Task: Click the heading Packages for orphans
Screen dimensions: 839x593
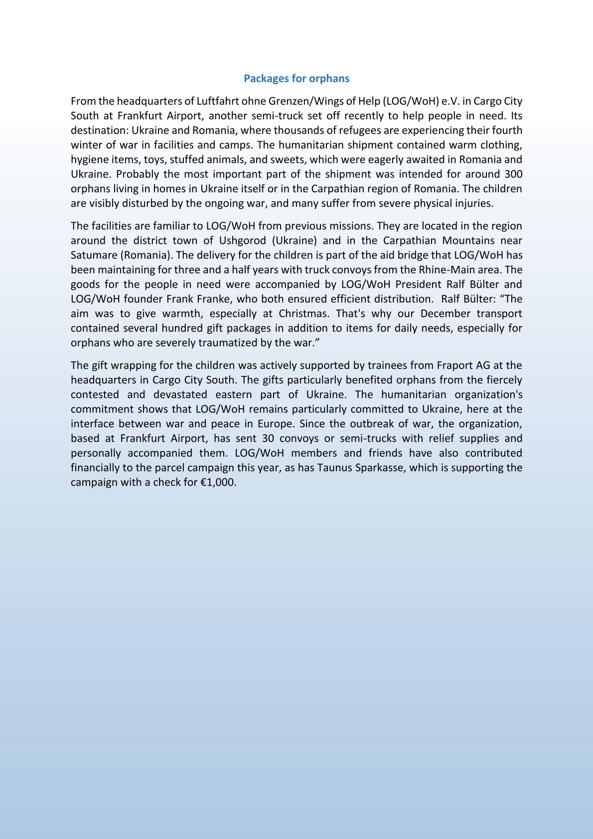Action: (x=296, y=78)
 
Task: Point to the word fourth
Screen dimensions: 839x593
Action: (x=506, y=131)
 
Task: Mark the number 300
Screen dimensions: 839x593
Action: (x=513, y=174)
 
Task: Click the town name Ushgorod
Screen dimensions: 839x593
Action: (x=241, y=241)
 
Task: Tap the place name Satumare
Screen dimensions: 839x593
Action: (x=93, y=255)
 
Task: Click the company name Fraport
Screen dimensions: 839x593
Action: (x=456, y=365)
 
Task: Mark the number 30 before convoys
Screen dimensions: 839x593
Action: (x=268, y=439)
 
